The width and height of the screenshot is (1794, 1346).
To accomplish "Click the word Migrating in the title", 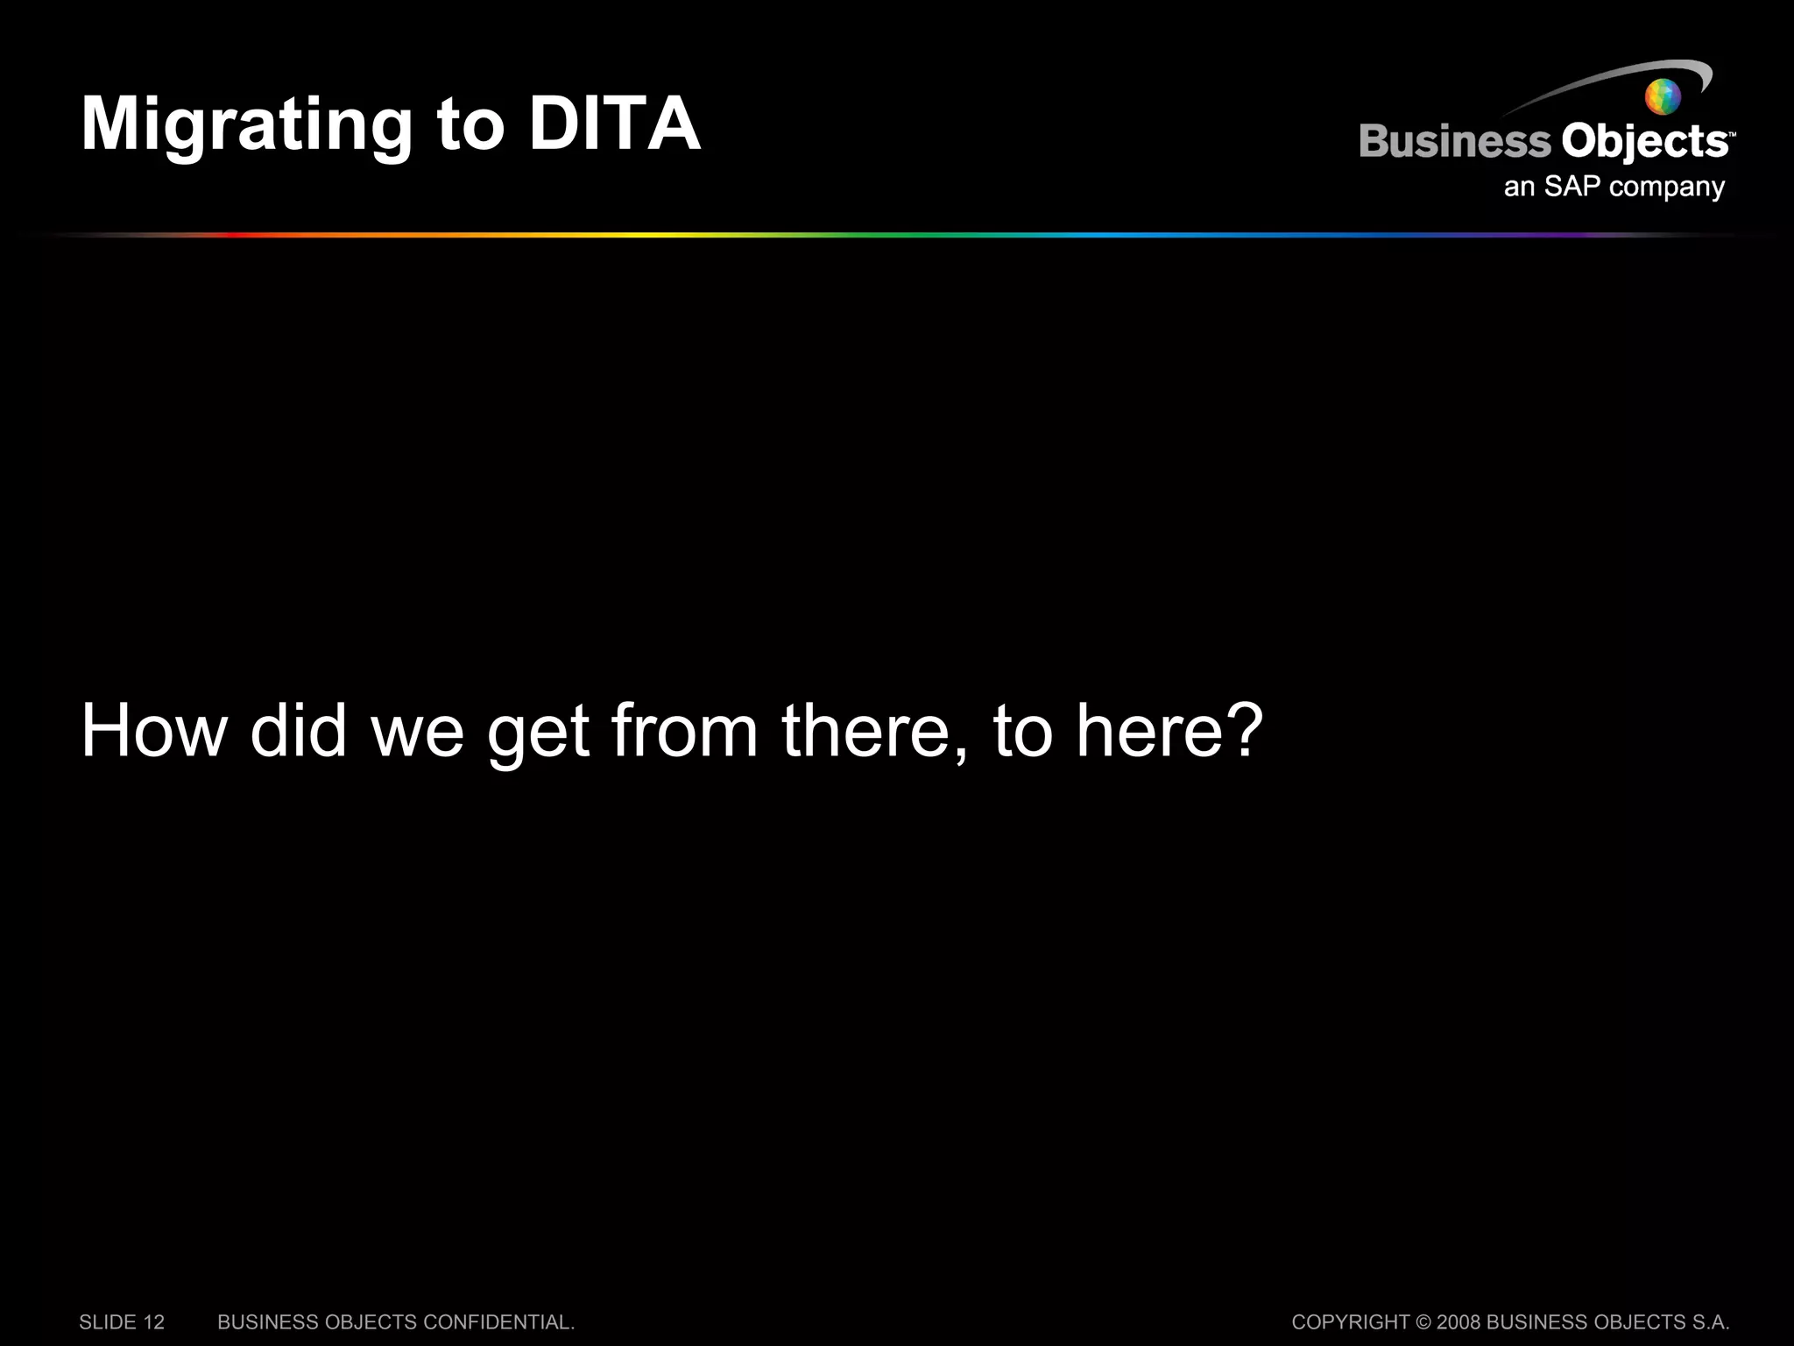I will point(246,125).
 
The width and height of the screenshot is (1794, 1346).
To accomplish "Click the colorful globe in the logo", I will point(1662,96).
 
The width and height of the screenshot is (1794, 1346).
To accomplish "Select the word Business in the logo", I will point(1454,142).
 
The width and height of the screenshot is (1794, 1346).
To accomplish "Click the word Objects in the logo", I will point(1644,142).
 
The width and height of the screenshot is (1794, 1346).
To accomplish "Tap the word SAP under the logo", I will point(1572,187).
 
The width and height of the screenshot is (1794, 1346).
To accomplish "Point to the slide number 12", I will point(154,1322).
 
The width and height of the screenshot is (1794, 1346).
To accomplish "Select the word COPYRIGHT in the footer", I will point(1350,1322).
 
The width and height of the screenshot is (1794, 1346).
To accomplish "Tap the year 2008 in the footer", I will point(1458,1322).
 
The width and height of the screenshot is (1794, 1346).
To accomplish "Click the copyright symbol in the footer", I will point(1423,1322).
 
